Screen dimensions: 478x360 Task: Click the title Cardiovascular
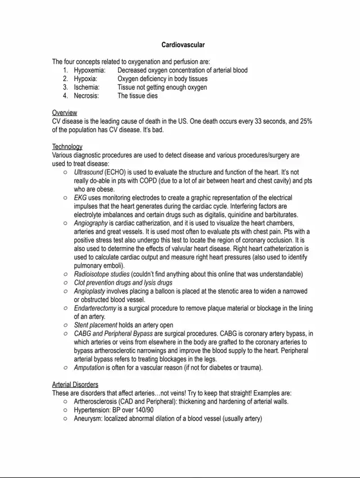(x=183, y=44)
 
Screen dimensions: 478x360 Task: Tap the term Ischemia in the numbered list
(x=87, y=87)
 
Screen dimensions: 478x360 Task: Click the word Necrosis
(x=86, y=96)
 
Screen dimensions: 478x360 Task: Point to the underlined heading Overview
(x=65, y=113)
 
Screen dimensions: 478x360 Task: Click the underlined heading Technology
(x=67, y=146)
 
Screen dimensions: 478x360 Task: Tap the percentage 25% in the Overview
(x=304, y=121)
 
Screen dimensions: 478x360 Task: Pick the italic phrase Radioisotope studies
(x=102, y=274)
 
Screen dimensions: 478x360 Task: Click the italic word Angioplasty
(x=90, y=291)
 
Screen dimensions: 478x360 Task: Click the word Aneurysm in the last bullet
(x=87, y=418)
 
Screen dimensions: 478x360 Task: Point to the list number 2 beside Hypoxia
(x=65, y=79)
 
